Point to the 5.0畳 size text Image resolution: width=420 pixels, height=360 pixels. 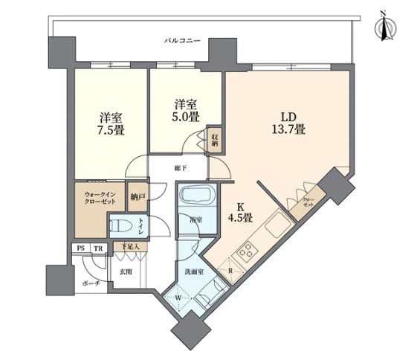point(186,118)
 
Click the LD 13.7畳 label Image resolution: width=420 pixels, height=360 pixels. point(288,123)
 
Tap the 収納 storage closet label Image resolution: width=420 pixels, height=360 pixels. point(213,138)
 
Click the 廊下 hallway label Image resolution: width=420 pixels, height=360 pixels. point(181,168)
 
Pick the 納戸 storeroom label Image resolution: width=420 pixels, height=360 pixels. point(138,197)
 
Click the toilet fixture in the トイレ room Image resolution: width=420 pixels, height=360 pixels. point(121,224)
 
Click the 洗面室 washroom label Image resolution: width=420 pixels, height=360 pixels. point(194,272)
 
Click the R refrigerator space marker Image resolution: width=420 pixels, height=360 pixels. point(231,271)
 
